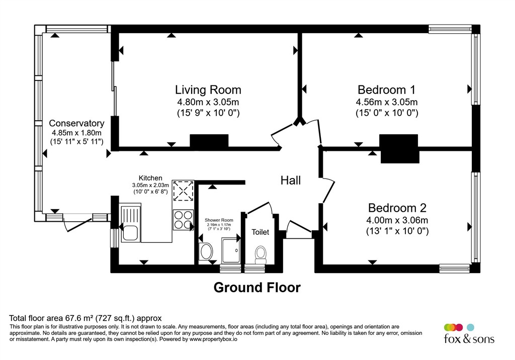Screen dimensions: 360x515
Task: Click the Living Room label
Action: (208, 90)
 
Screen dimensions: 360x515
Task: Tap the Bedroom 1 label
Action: (386, 90)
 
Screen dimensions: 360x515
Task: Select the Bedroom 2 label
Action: (397, 208)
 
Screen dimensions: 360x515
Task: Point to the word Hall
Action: (291, 180)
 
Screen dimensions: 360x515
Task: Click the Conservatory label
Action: (76, 123)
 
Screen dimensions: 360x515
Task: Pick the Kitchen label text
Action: (150, 178)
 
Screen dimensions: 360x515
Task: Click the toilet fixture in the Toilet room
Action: (261, 254)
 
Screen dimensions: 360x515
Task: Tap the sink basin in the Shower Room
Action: (206, 251)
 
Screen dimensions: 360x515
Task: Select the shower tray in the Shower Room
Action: (230, 250)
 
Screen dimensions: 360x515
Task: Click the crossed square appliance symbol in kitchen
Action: (183, 191)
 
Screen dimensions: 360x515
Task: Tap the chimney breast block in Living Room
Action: (209, 142)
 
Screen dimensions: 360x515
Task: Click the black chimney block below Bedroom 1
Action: (399, 148)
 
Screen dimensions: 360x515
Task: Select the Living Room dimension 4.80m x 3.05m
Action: (208, 102)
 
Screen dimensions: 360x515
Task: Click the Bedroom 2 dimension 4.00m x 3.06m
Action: (397, 220)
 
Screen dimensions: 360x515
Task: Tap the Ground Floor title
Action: (257, 288)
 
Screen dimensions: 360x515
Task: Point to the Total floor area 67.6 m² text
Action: (85, 318)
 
